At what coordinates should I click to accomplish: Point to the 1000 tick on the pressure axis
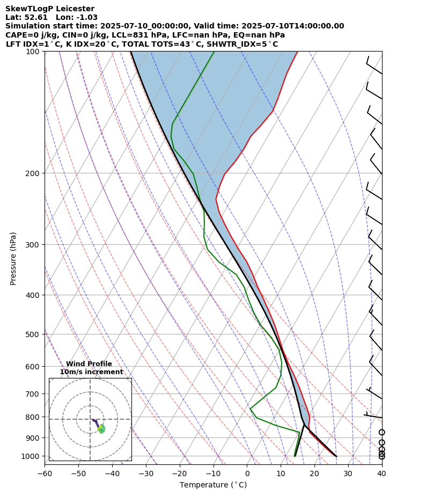(x=33, y=456)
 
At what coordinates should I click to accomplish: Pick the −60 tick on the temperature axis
(x=45, y=473)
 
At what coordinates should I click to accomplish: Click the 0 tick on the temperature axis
(x=247, y=473)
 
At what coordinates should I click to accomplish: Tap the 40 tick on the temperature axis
(x=381, y=473)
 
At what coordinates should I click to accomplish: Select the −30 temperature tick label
(x=146, y=473)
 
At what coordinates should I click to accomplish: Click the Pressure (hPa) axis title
(x=13, y=258)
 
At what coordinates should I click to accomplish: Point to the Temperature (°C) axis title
(x=213, y=485)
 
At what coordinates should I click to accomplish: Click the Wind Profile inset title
(x=89, y=364)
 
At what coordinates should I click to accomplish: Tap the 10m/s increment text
(x=91, y=372)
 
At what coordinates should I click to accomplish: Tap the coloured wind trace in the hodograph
(x=100, y=428)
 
